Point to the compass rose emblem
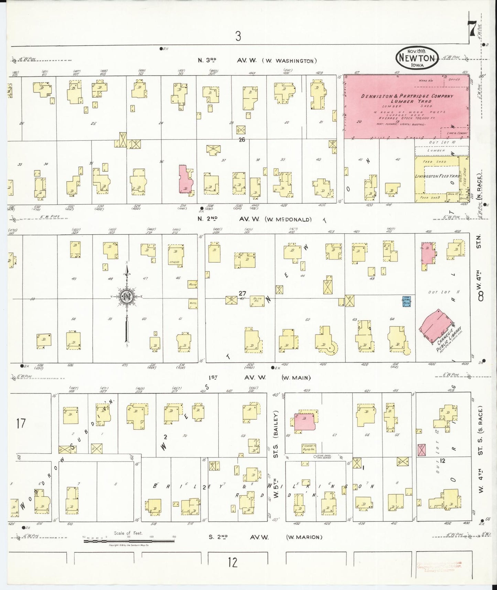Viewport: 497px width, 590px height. tap(126, 296)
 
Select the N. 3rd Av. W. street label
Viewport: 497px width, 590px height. tap(220, 61)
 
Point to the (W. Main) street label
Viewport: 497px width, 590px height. tap(296, 378)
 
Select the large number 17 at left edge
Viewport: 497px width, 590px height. tap(21, 423)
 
